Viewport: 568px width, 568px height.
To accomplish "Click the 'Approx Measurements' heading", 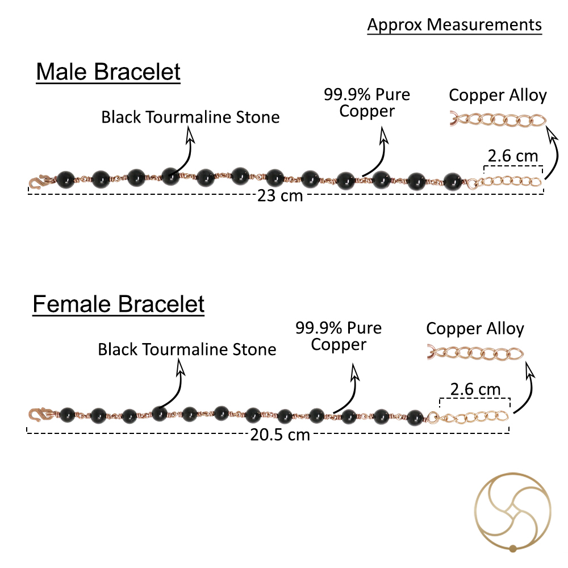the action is (x=454, y=26).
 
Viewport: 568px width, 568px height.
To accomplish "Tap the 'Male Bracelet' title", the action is (x=108, y=72).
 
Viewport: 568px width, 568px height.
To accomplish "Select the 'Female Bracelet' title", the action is (x=119, y=304).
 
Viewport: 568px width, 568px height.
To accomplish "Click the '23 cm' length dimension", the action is (x=280, y=195).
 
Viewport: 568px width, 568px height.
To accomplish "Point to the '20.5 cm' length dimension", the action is (x=280, y=435).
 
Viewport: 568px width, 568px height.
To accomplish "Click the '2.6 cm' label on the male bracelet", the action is (x=512, y=156).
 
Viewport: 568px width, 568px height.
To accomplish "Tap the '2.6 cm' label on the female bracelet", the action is (x=475, y=390).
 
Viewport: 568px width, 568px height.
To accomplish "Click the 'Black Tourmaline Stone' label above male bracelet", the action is (x=190, y=118).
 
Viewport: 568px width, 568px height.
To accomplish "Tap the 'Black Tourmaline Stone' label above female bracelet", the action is (x=187, y=349).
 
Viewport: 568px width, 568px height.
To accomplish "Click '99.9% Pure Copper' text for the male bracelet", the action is (x=366, y=103).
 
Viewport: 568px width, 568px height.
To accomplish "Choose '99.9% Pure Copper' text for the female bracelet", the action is (x=339, y=336).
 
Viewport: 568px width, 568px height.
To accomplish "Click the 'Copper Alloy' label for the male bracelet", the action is (x=498, y=96).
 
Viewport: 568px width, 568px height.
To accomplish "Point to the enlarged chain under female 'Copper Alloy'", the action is (x=475, y=353).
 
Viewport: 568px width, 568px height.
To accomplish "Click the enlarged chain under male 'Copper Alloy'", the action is (x=498, y=120).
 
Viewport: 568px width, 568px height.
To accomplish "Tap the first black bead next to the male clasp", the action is (x=65, y=180).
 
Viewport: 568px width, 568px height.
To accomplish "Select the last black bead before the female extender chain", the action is (x=415, y=417).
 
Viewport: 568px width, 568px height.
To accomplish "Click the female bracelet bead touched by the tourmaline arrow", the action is (x=160, y=414).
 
